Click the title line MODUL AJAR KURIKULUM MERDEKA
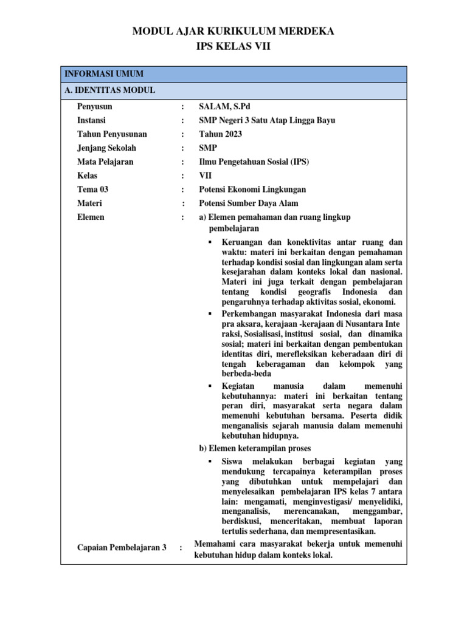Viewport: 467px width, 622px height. tap(233, 32)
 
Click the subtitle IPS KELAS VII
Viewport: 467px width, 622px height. tap(233, 46)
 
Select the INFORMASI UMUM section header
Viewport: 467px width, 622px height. tap(104, 74)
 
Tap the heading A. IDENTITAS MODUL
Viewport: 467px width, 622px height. tap(109, 91)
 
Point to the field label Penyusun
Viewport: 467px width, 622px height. tap(95, 106)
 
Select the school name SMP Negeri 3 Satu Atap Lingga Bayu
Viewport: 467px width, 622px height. tap(267, 120)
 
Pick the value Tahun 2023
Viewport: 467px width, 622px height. tap(220, 134)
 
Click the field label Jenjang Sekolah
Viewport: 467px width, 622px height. tap(107, 148)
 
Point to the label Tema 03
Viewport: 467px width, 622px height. tap(93, 190)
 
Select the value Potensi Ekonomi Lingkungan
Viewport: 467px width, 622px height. tap(252, 190)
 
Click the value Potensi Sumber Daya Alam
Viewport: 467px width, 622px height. tap(249, 203)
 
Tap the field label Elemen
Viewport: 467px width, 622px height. tap(91, 217)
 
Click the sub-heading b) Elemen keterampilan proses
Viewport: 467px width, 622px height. tap(255, 449)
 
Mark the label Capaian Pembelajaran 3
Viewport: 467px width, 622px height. tap(122, 547)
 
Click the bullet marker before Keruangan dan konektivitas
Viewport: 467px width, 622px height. tap(210, 242)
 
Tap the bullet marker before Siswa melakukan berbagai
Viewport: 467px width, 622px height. tap(210, 462)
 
